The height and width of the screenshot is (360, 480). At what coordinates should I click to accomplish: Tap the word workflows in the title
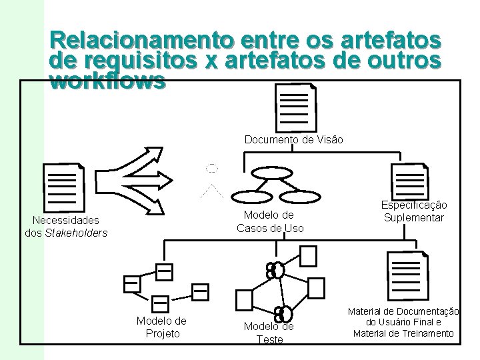tap(107, 82)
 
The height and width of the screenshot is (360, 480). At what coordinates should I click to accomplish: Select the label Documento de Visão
tap(293, 140)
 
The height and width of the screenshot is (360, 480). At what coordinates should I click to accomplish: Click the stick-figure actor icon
tap(212, 181)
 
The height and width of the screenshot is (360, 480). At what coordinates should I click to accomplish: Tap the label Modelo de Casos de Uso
tap(270, 221)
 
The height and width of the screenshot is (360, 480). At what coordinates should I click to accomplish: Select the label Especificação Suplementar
tap(415, 211)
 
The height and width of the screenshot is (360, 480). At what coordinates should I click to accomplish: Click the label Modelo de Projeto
tap(161, 327)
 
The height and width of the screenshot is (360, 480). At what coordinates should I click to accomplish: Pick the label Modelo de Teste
tap(269, 333)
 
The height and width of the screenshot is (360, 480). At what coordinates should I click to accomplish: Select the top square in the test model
tap(309, 255)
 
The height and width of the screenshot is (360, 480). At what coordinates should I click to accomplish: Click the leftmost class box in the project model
tap(131, 283)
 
